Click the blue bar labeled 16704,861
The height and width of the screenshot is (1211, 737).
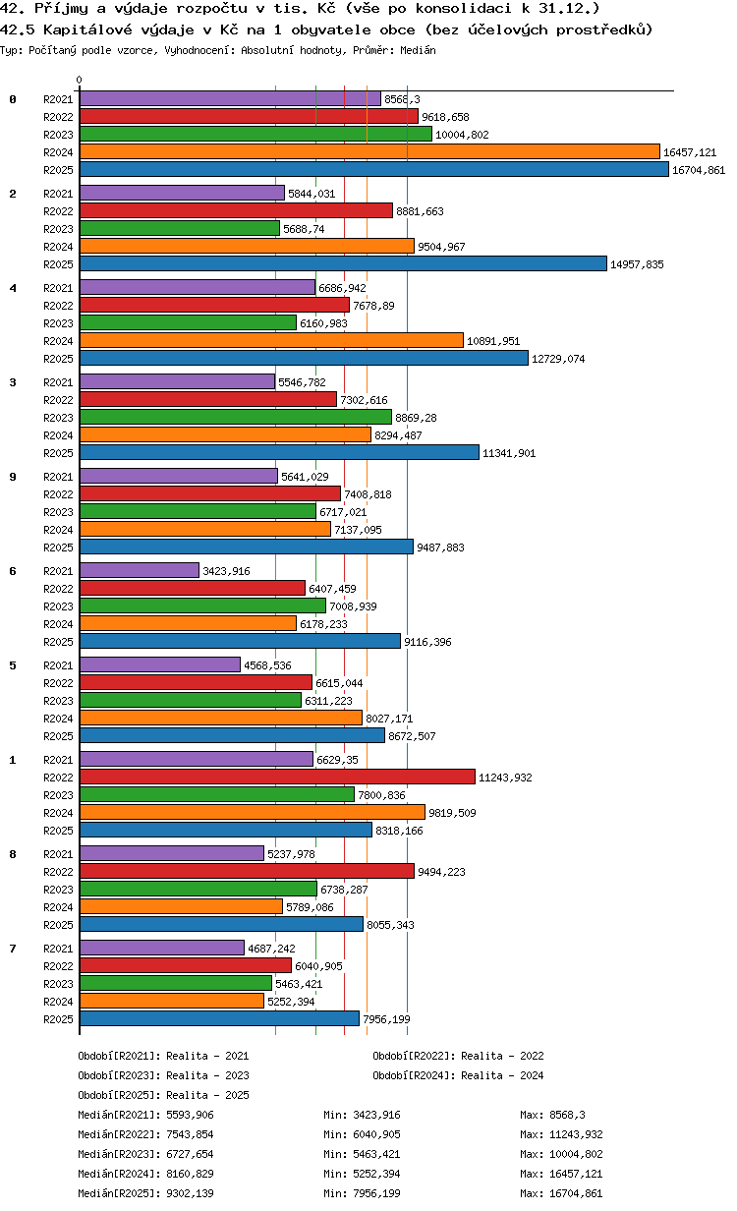[x=373, y=170]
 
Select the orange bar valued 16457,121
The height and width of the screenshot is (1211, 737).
[x=369, y=152]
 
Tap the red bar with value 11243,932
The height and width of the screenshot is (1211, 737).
[x=277, y=777]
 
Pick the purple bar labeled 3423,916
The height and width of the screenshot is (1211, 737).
[x=140, y=570]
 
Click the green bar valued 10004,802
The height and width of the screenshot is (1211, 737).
[x=255, y=134]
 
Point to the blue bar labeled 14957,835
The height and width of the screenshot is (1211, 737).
[x=343, y=263]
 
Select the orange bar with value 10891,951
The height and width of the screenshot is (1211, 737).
[x=271, y=340]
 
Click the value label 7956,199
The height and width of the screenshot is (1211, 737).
[x=386, y=1019]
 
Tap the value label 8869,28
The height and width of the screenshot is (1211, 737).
[x=416, y=418]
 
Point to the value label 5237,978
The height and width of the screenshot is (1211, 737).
[x=291, y=854]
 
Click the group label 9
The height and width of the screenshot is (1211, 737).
[x=13, y=477]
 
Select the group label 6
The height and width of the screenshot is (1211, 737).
[x=13, y=571]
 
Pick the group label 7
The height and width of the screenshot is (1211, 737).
[x=13, y=949]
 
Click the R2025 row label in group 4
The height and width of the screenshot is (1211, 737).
[x=58, y=359]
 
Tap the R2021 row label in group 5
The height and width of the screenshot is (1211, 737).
[x=58, y=665]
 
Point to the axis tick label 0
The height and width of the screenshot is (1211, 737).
[x=80, y=80]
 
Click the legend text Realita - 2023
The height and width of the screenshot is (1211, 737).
[x=207, y=1075]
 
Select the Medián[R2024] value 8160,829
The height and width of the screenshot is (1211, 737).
[x=190, y=1174]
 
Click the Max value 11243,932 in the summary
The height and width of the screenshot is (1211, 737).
[x=576, y=1134]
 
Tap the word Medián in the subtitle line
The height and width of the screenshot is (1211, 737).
[x=418, y=50]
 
